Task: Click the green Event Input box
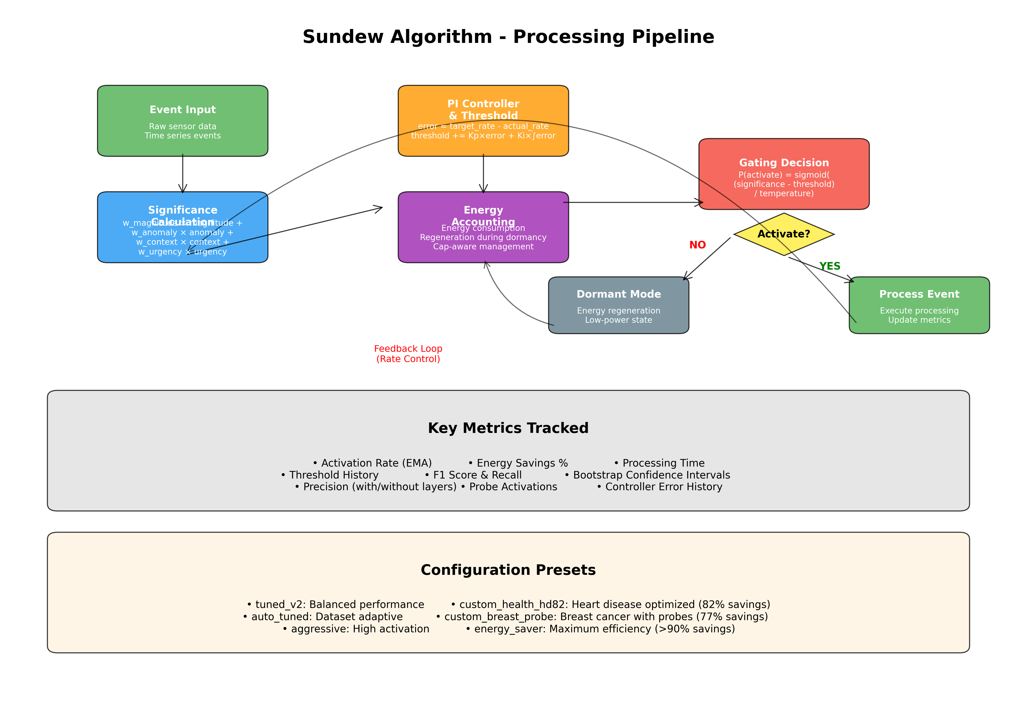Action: (x=182, y=120)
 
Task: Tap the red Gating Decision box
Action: (x=784, y=174)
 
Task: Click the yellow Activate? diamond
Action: (x=784, y=234)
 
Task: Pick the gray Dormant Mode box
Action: (x=618, y=305)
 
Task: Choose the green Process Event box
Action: (x=919, y=305)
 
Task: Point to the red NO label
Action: (x=697, y=245)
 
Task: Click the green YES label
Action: (x=829, y=266)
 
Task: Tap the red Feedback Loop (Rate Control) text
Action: (x=408, y=353)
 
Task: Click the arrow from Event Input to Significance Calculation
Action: (x=182, y=174)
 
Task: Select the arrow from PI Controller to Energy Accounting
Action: (x=483, y=174)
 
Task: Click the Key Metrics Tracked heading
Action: (x=508, y=428)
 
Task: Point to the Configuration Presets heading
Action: (x=508, y=570)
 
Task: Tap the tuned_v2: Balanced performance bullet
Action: (x=335, y=605)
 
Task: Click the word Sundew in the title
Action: (x=343, y=37)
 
